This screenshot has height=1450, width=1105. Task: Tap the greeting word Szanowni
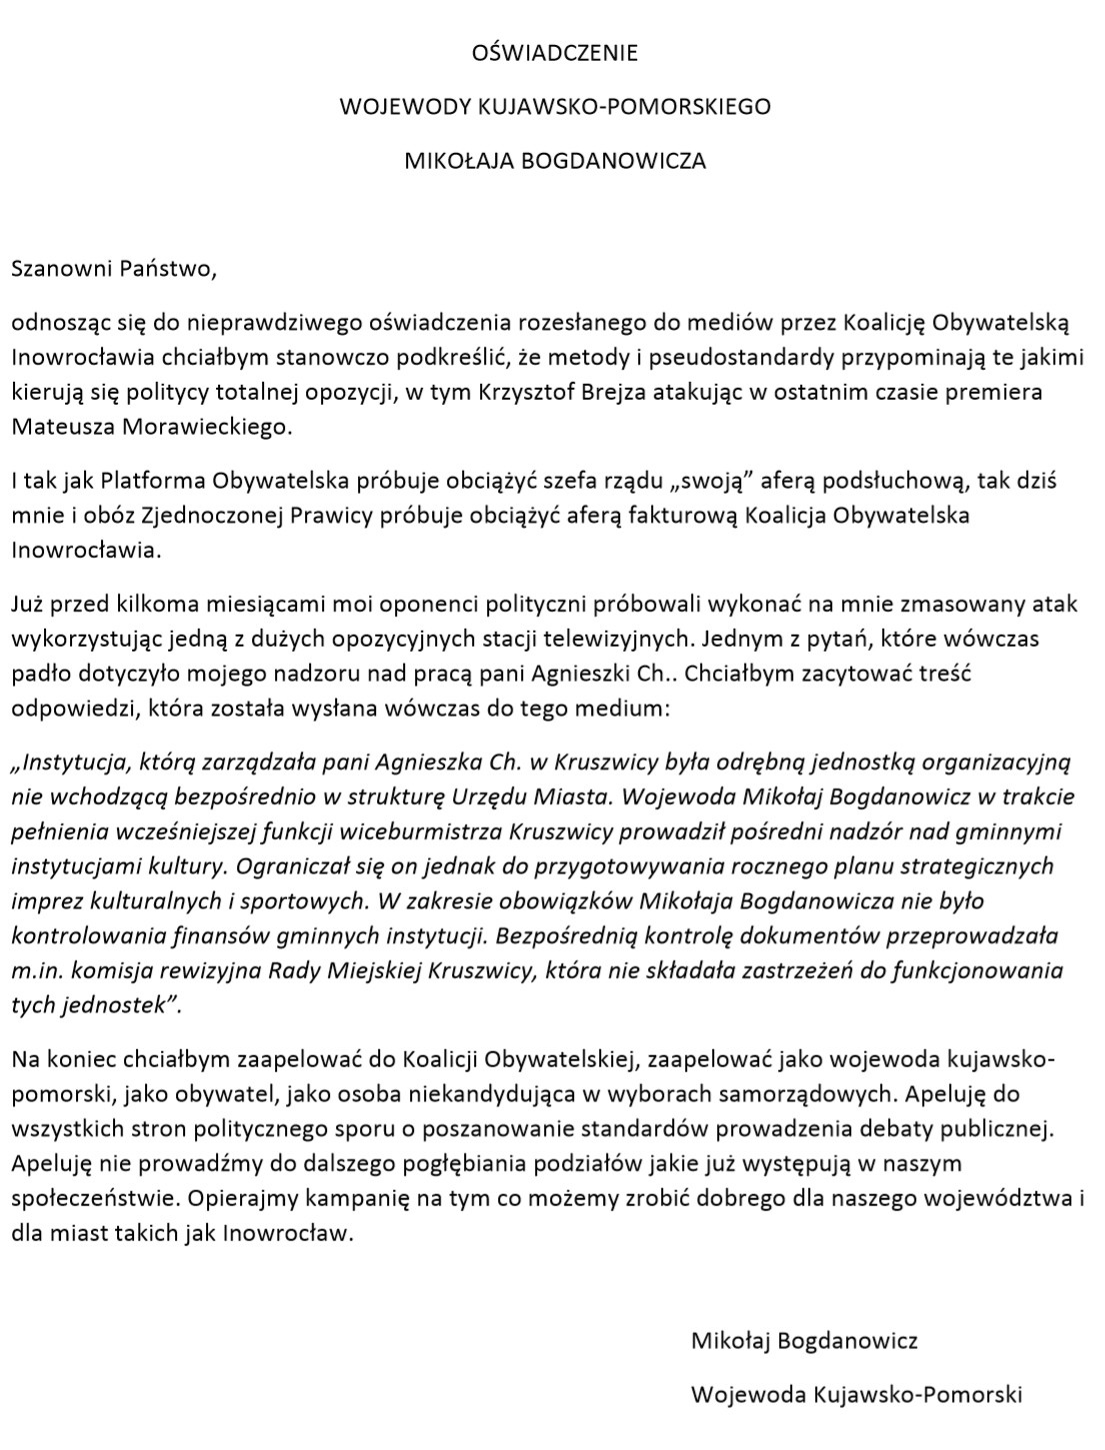coord(60,268)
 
